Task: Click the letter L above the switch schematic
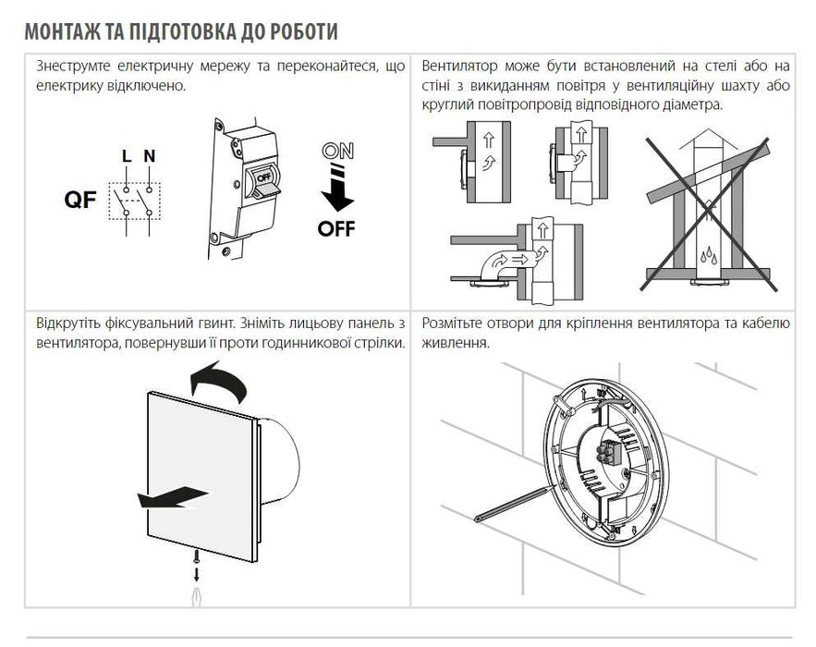coord(127,155)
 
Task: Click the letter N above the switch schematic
coord(150,155)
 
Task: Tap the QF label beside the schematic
coord(80,200)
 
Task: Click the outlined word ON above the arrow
coord(337,151)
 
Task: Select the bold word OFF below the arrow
coord(336,228)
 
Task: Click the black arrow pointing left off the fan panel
coord(172,496)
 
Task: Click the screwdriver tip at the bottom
coord(196,595)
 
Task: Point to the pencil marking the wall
coord(512,503)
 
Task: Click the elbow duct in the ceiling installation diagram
coord(501,264)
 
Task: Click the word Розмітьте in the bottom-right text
coord(451,323)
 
